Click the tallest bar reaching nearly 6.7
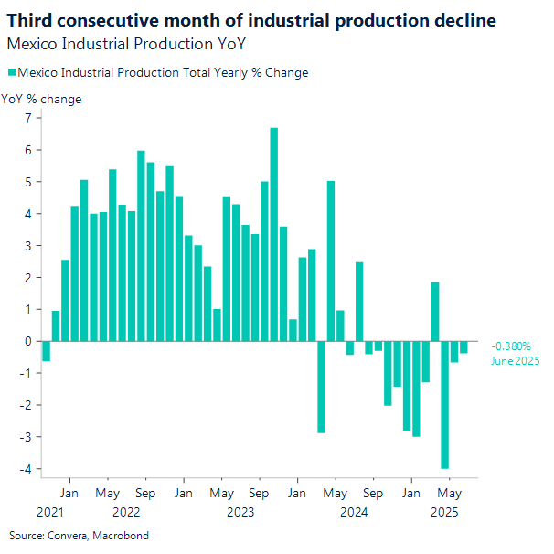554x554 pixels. coord(273,234)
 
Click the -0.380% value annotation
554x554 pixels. coord(511,346)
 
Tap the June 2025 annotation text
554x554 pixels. coord(515,361)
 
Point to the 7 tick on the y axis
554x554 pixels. coord(28,118)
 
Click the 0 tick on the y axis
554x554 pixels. coord(28,341)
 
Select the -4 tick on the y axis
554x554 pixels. coord(27,469)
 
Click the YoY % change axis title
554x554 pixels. coord(41,99)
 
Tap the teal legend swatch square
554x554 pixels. coord(11,73)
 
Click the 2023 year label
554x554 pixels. coord(240,513)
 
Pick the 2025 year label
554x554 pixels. coord(445,513)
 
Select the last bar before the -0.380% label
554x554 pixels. coord(463,347)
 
